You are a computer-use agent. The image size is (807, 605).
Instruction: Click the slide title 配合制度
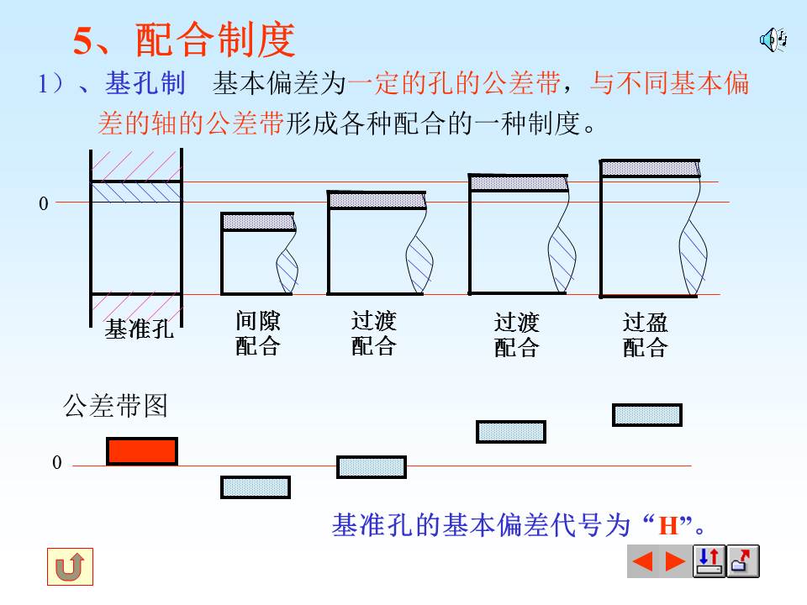point(214,39)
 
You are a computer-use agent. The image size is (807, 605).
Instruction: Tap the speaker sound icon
point(773,39)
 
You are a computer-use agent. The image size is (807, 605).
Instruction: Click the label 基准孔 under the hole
point(139,329)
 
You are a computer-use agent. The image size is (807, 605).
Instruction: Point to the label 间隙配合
point(258,334)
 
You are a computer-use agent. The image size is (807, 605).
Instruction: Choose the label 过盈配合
point(645,334)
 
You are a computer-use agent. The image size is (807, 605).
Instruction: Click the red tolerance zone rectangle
point(142,451)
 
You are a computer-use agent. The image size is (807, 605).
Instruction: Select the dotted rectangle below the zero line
point(256,487)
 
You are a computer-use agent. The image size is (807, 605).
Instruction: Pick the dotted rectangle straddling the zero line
point(372,467)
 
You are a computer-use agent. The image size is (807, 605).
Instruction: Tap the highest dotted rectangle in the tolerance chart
point(646,415)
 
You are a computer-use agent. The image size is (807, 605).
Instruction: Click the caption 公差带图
point(116,407)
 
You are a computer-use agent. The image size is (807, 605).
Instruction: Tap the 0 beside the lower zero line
point(57,463)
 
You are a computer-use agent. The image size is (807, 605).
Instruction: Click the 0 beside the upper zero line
point(44,203)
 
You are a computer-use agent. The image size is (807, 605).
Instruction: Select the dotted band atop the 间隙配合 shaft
point(258,222)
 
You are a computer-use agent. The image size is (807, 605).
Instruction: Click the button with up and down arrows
point(709,561)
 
